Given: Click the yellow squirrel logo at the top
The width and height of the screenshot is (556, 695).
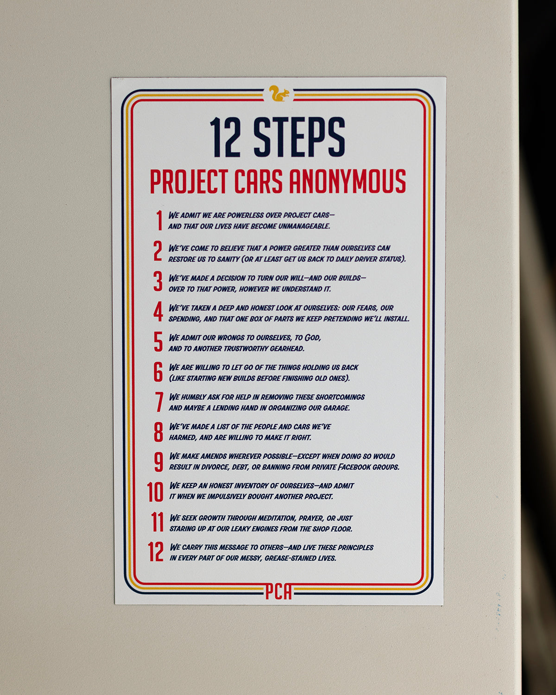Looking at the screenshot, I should click(x=279, y=94).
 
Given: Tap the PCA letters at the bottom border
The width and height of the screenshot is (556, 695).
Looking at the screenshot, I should click(x=278, y=592).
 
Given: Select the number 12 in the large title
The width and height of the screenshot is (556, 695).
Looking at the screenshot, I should click(x=225, y=137).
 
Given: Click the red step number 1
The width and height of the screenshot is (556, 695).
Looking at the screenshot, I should click(x=159, y=221).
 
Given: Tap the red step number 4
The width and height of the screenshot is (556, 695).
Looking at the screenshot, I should click(x=158, y=312).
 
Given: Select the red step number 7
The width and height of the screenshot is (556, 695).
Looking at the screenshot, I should click(x=159, y=402).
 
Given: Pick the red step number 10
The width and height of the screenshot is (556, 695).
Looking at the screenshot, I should click(x=155, y=492).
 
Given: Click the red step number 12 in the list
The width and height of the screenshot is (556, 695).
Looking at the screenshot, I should click(x=156, y=552).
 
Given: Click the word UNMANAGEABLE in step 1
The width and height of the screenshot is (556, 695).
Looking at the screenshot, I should click(x=302, y=227).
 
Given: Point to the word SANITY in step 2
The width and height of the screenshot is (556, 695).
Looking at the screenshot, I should click(x=228, y=259).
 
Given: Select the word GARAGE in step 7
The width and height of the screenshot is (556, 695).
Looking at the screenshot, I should click(x=335, y=408).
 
